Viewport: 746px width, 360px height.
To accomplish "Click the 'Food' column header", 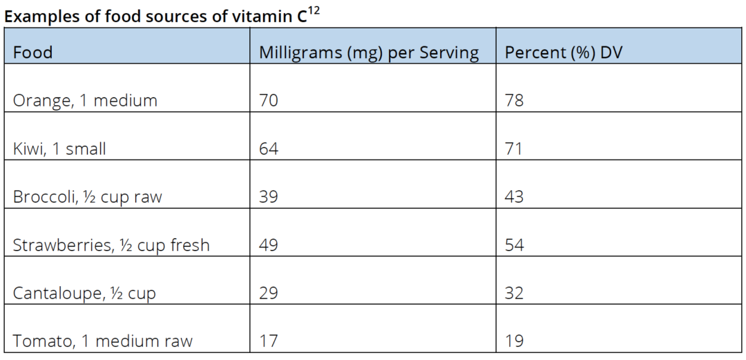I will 32,53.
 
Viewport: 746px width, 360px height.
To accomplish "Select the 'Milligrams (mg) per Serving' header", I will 369,53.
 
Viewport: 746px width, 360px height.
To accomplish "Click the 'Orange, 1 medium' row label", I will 85,101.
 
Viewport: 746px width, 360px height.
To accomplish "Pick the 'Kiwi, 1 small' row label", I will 59,149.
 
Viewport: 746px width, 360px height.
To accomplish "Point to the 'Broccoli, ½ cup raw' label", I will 87,197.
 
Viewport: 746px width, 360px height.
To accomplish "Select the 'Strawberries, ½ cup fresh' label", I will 111,245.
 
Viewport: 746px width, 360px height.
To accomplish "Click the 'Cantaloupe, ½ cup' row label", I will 84,294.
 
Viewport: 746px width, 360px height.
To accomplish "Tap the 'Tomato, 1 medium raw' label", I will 103,341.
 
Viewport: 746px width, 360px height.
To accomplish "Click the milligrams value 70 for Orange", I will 269,101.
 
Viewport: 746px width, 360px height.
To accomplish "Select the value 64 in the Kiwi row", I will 269,149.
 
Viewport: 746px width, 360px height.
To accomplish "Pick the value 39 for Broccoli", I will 269,197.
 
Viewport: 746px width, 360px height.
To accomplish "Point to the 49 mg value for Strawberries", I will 269,245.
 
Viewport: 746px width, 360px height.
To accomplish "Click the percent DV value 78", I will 515,101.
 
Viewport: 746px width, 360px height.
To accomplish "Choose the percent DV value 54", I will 515,245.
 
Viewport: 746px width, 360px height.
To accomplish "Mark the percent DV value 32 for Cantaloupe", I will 515,294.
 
